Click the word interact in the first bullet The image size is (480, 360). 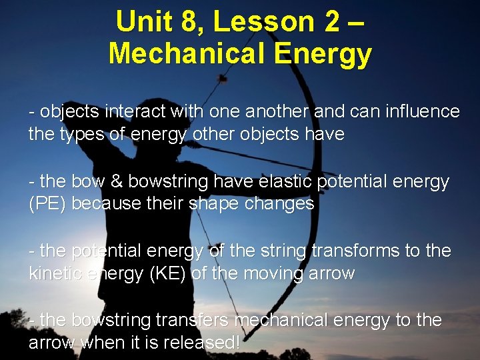140,111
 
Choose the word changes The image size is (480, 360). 280,204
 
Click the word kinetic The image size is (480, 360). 55,273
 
